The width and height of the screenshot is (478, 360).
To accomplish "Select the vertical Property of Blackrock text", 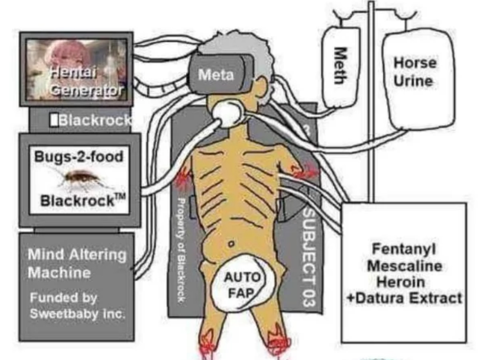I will coord(181,249).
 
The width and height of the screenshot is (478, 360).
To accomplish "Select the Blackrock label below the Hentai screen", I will coord(94,120).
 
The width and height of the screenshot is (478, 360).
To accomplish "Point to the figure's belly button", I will coord(231,244).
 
